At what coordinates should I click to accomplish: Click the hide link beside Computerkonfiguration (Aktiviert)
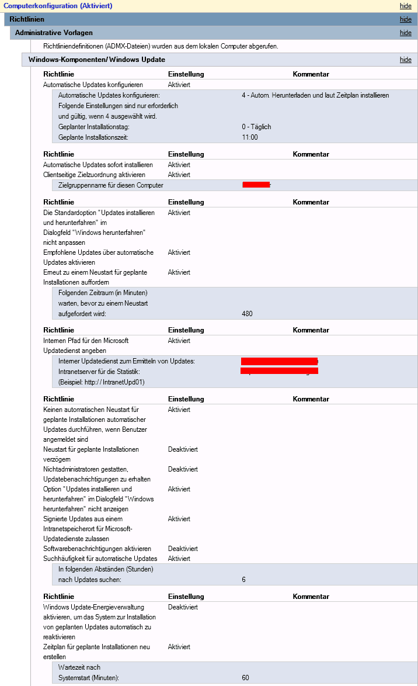[x=405, y=6]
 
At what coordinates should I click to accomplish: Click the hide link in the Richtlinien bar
[x=405, y=19]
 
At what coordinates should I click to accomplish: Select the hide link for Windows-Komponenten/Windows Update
[x=405, y=60]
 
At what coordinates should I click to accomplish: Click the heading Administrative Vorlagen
[x=54, y=33]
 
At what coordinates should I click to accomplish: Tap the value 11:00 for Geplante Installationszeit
[x=249, y=137]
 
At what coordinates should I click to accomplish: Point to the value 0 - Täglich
[x=256, y=127]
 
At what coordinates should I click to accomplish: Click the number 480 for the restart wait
[x=247, y=314]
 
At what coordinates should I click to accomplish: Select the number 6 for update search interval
[x=243, y=580]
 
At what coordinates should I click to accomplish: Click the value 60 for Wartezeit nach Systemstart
[x=245, y=678]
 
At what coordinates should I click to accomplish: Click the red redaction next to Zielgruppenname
[x=256, y=185]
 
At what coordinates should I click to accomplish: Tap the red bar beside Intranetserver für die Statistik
[x=279, y=371]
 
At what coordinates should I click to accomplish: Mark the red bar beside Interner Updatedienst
[x=279, y=361]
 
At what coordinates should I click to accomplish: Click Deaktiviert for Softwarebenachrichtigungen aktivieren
[x=183, y=549]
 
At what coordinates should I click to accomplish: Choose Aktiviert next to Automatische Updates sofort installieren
[x=179, y=165]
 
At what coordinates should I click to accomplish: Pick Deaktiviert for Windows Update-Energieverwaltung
[x=183, y=607]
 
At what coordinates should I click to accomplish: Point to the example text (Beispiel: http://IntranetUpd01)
[x=102, y=382]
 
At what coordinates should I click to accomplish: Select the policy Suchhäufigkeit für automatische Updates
[x=100, y=559]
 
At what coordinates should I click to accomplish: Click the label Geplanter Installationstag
[x=94, y=127]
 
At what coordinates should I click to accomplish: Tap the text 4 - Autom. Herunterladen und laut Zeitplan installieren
[x=315, y=95]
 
